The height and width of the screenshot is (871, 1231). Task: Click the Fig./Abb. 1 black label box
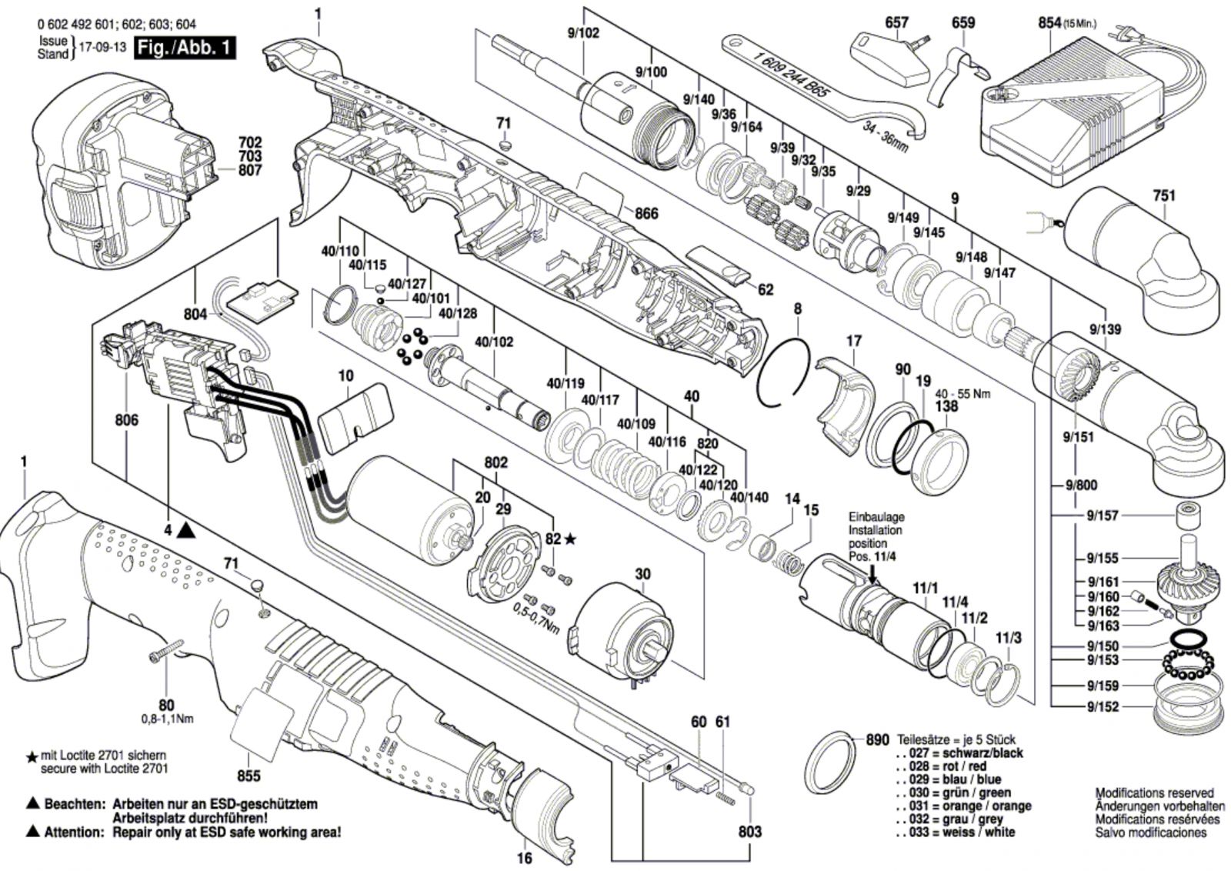tap(184, 48)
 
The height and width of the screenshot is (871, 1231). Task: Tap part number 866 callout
tap(646, 213)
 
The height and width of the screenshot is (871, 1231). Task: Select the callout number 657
tap(896, 24)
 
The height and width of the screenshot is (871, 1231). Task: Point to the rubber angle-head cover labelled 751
tap(1139, 254)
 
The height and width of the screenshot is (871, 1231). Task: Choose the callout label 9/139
tap(1105, 329)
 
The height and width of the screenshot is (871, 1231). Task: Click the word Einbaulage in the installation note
tap(876, 517)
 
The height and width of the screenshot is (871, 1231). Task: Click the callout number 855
tap(249, 776)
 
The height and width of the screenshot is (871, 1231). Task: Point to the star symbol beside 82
tap(570, 539)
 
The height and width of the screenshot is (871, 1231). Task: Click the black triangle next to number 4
tap(185, 530)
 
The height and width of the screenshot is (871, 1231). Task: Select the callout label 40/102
tap(493, 342)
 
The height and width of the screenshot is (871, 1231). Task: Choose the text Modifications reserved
tap(1154, 793)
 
